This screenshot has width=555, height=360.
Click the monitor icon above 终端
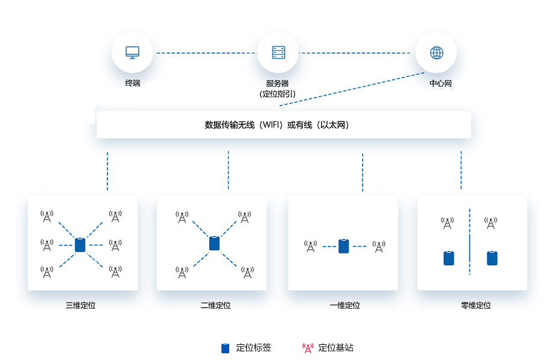(x=132, y=52)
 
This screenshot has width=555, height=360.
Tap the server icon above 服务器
(x=278, y=52)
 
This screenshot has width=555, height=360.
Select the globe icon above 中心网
(x=436, y=52)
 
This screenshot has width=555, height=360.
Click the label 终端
(x=132, y=83)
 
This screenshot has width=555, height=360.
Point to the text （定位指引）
(x=277, y=94)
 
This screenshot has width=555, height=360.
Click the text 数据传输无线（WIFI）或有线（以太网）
(x=277, y=125)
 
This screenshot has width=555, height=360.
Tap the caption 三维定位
(x=81, y=305)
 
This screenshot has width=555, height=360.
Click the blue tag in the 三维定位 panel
(x=80, y=245)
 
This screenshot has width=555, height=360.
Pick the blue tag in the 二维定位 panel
(x=214, y=244)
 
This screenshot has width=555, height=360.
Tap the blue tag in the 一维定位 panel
(x=344, y=246)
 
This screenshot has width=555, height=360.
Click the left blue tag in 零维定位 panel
(x=448, y=258)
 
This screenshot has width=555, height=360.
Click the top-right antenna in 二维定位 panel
(x=245, y=216)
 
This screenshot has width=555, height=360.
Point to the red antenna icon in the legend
(x=308, y=348)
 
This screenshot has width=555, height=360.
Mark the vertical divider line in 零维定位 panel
(x=469, y=241)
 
